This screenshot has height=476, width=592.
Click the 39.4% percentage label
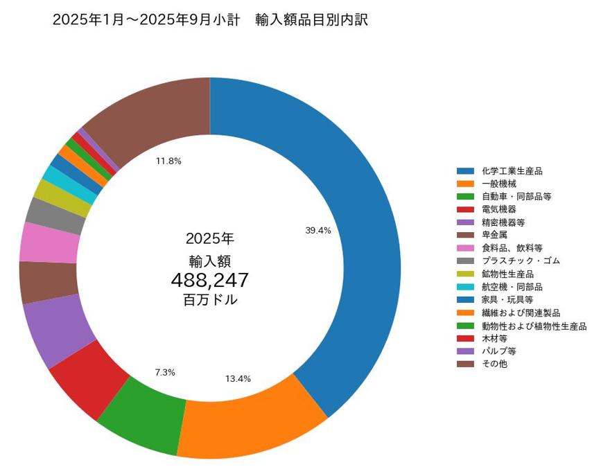[x=318, y=231]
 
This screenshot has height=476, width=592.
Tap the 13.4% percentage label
[x=238, y=378]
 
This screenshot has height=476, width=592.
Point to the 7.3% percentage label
[x=165, y=372]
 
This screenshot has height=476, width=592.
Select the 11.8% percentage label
[x=168, y=161]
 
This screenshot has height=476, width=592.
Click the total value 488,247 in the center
[x=209, y=280]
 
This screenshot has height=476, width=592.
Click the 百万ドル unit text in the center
[x=209, y=301]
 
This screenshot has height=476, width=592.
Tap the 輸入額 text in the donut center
[x=209, y=261]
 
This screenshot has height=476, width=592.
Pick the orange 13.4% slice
[x=250, y=423]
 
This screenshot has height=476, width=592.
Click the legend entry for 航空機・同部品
[x=512, y=286]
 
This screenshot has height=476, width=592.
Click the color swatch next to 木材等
[x=465, y=337]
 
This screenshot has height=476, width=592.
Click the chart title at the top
[x=210, y=20]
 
